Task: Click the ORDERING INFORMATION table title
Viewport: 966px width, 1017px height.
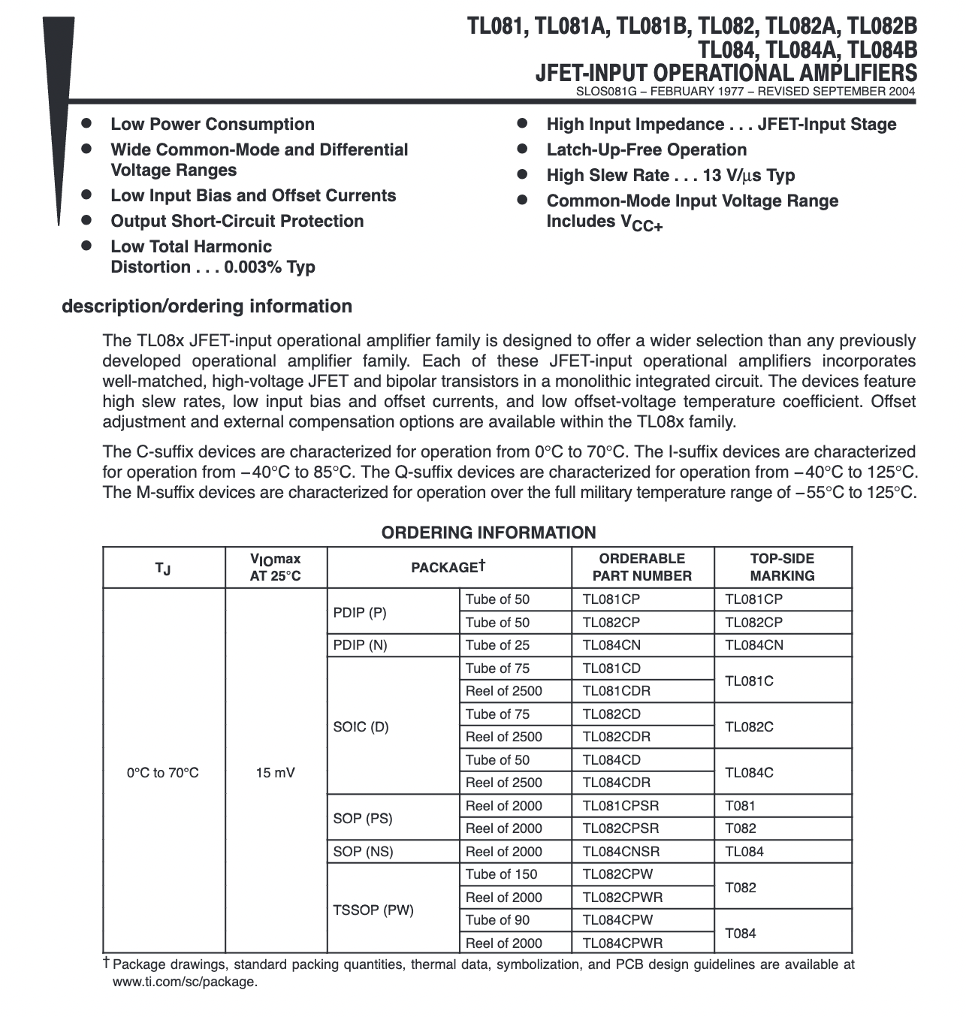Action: (x=488, y=533)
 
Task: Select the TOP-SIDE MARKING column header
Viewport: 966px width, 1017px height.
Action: (x=782, y=567)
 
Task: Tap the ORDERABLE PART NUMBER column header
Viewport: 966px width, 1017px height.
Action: (x=641, y=567)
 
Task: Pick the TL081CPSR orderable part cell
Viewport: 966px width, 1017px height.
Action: (x=620, y=805)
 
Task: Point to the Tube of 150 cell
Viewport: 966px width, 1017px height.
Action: (x=501, y=874)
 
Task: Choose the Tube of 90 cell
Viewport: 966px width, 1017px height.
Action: (x=497, y=919)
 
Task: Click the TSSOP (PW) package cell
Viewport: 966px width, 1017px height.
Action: (x=373, y=910)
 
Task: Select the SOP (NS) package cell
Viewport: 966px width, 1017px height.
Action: (x=363, y=851)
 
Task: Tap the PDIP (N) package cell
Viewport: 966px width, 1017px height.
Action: (x=360, y=644)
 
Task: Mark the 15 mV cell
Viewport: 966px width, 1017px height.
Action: (x=276, y=772)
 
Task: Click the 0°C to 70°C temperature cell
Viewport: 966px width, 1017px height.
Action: (x=163, y=772)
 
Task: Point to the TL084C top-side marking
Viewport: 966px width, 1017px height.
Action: (x=749, y=772)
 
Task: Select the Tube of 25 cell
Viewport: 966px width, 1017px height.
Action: (x=497, y=644)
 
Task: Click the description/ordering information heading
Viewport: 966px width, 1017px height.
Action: (x=207, y=306)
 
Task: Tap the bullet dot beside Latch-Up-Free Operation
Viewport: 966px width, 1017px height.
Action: (x=523, y=149)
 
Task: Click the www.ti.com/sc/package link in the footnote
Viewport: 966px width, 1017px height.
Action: (x=184, y=981)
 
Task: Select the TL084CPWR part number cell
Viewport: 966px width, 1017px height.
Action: (x=623, y=943)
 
